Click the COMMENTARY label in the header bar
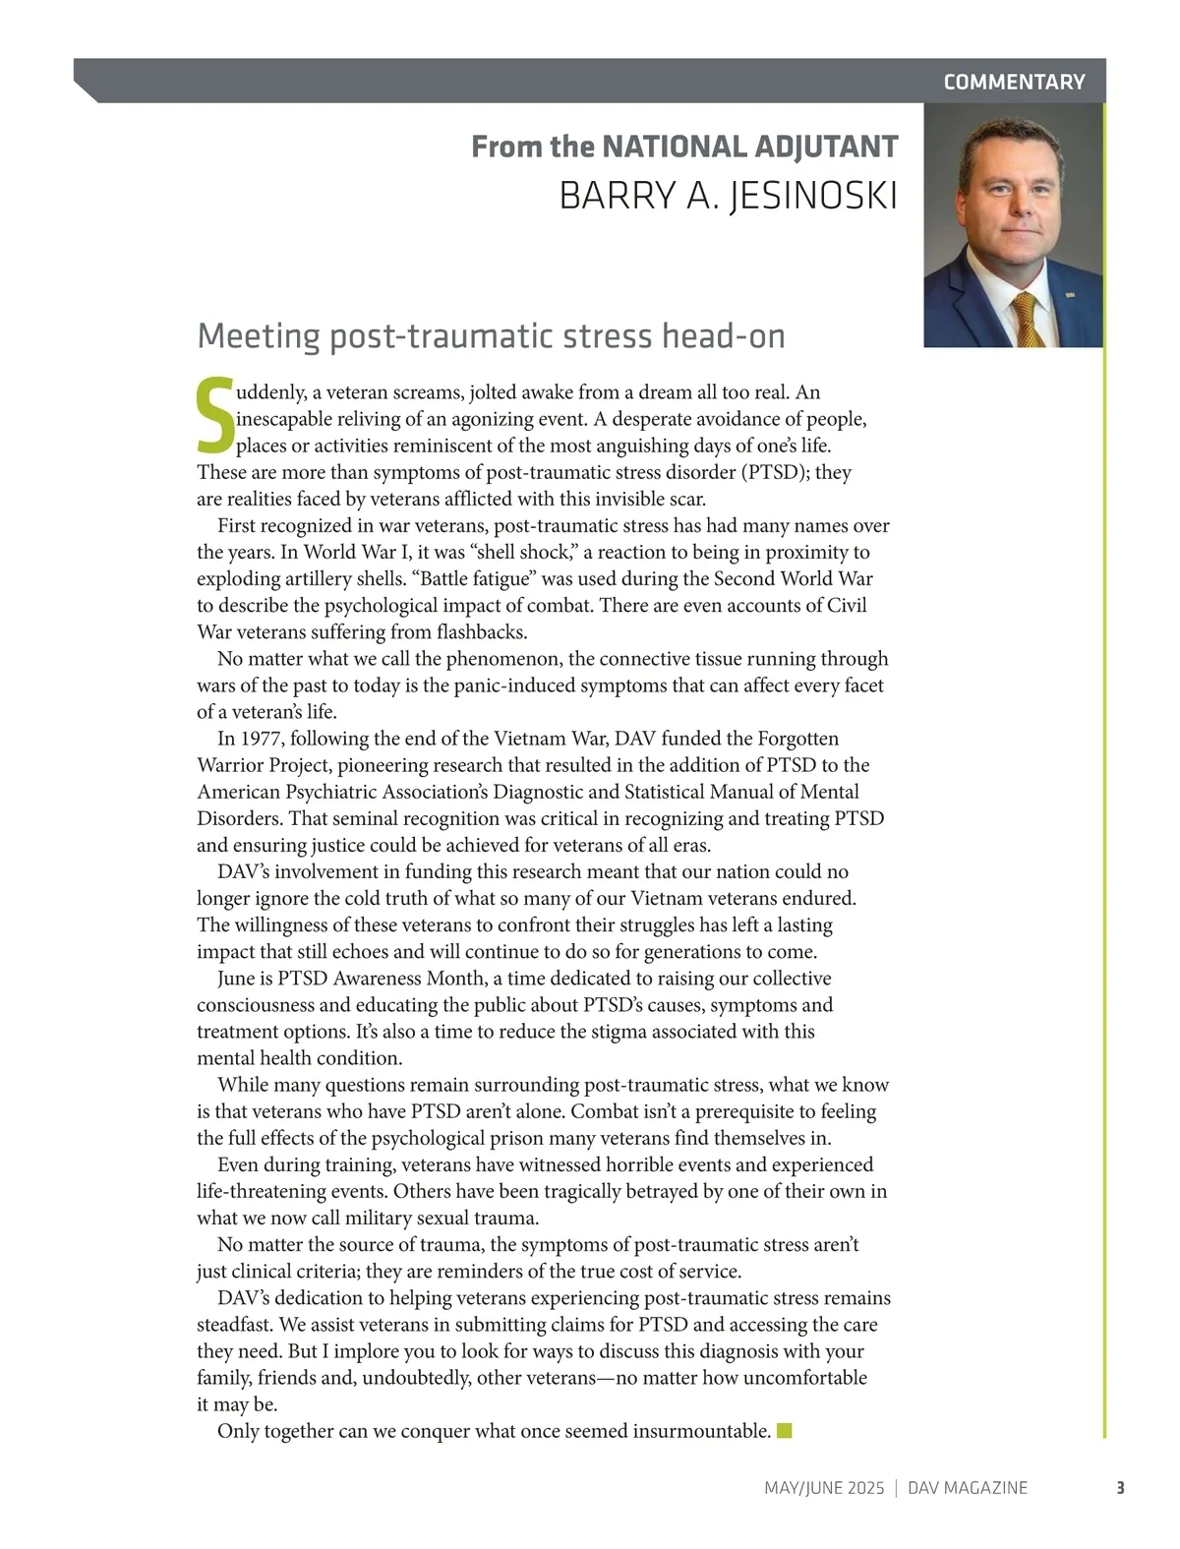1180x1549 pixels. click(x=1014, y=82)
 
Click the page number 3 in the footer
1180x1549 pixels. click(x=1120, y=1488)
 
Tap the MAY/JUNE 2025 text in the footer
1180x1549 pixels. click(x=824, y=1488)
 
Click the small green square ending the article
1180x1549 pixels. click(x=784, y=1430)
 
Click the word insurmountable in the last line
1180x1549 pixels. click(x=701, y=1431)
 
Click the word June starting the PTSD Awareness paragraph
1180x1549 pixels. click(x=238, y=979)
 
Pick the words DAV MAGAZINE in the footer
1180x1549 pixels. click(x=968, y=1488)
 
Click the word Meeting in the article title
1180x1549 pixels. click(x=259, y=336)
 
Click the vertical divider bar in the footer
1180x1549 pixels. click(x=896, y=1488)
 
